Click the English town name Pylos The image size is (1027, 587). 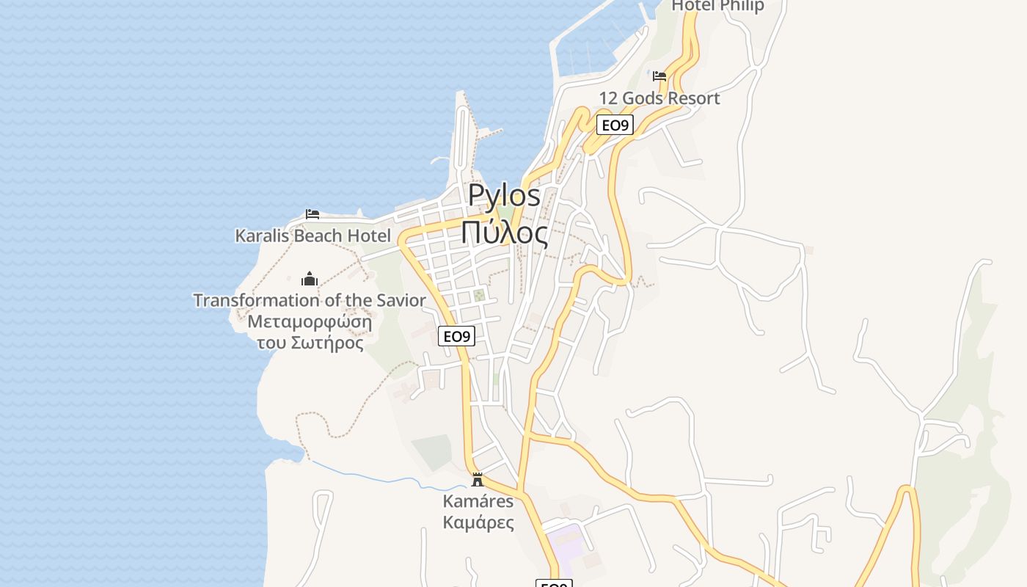pyautogui.click(x=504, y=196)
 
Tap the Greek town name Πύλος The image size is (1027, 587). pyautogui.click(x=504, y=233)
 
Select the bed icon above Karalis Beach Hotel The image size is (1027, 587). pyautogui.click(x=313, y=214)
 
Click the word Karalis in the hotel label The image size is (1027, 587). pyautogui.click(x=262, y=236)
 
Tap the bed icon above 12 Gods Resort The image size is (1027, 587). pyautogui.click(x=659, y=76)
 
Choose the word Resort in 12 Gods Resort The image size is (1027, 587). pyautogui.click(x=693, y=98)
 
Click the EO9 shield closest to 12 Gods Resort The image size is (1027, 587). pyautogui.click(x=615, y=125)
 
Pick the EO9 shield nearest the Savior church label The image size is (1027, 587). pyautogui.click(x=456, y=337)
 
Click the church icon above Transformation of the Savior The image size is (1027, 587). pyautogui.click(x=310, y=279)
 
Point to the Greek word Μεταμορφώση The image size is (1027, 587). pyautogui.click(x=310, y=322)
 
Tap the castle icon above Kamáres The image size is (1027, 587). pyautogui.click(x=478, y=480)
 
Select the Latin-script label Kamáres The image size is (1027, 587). pyautogui.click(x=478, y=502)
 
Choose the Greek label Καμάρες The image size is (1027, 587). pyautogui.click(x=478, y=522)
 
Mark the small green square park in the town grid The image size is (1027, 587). pyautogui.click(x=479, y=295)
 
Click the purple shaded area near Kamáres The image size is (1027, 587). pyautogui.click(x=565, y=543)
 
